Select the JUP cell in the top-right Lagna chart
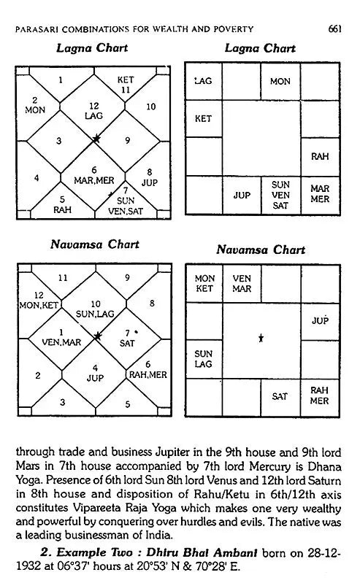coord(242,195)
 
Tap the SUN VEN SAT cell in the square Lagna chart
coord(280,195)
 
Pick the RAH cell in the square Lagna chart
coord(319,156)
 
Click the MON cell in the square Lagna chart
coord(280,81)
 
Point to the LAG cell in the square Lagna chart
coord(203,81)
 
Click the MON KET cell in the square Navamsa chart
coord(205,283)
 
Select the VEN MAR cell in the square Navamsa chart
coord(242,283)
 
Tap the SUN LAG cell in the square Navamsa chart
coord(204,358)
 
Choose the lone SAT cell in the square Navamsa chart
coord(280,396)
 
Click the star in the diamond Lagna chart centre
coord(96,138)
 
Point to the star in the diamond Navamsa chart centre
coord(96,336)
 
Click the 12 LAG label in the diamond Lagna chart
coord(94,110)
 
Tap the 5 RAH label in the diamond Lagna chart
coord(61,203)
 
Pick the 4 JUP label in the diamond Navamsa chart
coord(96,373)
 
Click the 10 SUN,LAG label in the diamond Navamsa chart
coord(96,308)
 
